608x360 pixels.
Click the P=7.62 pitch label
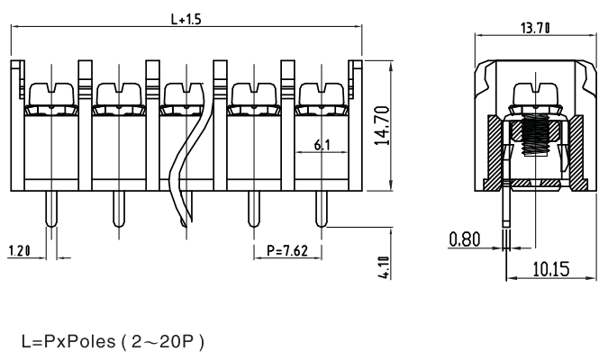287,251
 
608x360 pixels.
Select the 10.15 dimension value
549,271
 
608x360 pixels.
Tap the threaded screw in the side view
538,144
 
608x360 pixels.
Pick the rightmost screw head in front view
321,94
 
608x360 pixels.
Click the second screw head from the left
116,94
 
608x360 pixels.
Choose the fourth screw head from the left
252,94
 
